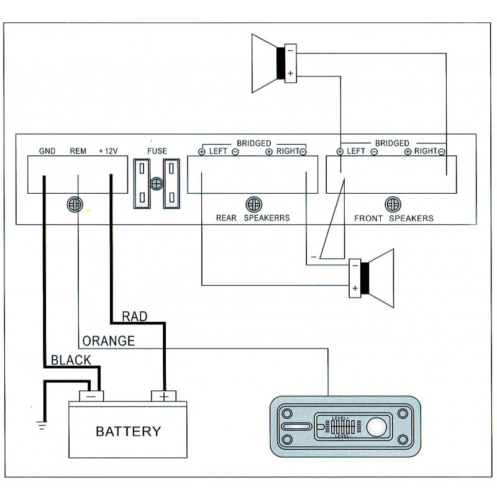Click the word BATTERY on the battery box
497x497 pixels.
pos(129,431)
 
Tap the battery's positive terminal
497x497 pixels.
pos(163,396)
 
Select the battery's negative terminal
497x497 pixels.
pos(91,396)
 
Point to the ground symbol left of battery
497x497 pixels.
pos(42,425)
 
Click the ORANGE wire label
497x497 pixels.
pos(108,341)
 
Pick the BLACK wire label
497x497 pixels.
pos(71,360)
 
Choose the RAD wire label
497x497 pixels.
pos(135,316)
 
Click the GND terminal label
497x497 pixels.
pos(47,151)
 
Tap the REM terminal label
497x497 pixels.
pos(78,151)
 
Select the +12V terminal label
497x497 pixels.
pos(108,151)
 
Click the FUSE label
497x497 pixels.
pos(157,151)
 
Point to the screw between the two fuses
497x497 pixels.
pos(157,183)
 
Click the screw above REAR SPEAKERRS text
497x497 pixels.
pos(254,204)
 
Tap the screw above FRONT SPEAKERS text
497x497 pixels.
pos(393,204)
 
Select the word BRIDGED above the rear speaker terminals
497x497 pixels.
pos(254,144)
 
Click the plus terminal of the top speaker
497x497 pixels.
pos(290,73)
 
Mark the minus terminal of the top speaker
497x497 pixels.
pos(290,51)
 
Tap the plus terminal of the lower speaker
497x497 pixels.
pos(355,288)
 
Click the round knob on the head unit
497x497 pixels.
pos(376,427)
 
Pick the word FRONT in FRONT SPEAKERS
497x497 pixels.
pos(368,219)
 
